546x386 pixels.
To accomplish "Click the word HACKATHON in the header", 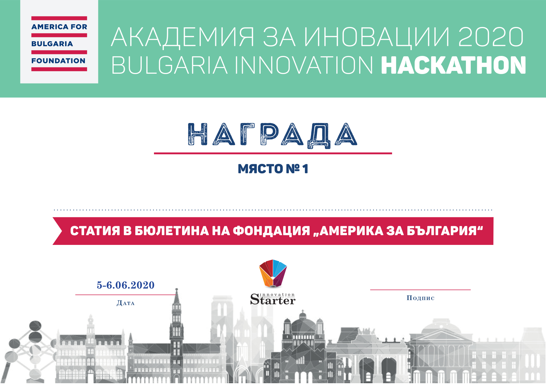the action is [x=453, y=65].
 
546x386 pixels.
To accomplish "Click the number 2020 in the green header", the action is [x=491, y=37].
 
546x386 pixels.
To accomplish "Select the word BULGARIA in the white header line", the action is [x=169, y=65].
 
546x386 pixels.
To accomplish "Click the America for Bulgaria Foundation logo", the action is [x=59, y=42].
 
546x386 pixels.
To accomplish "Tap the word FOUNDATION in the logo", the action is [x=58, y=61].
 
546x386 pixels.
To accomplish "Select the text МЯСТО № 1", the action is [x=273, y=169].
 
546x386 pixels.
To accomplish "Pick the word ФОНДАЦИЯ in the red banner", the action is [x=271, y=231].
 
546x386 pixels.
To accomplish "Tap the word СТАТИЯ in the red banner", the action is [x=95, y=231].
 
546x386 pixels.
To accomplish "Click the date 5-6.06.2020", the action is [x=126, y=285].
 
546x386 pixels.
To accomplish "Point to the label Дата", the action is [x=126, y=303].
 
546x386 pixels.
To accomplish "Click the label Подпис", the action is [x=420, y=298].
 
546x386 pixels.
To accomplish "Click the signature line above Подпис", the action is [x=420, y=290].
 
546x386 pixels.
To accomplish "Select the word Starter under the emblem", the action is [x=273, y=300].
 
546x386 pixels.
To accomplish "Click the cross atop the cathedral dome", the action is [x=303, y=312].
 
